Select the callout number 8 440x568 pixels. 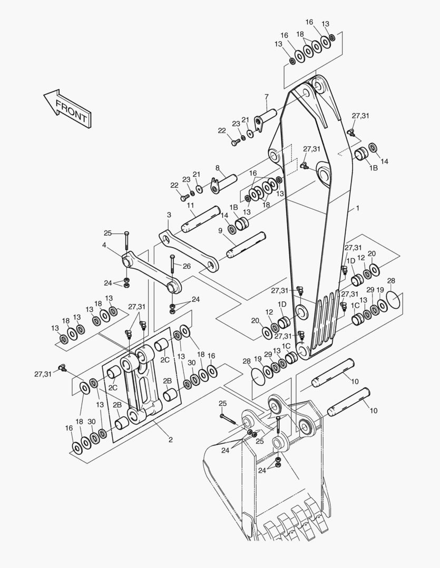[x=217, y=168]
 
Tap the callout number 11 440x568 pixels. [x=190, y=205]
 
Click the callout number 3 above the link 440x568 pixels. [x=169, y=215]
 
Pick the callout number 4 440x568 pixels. [x=104, y=245]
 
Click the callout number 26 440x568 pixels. [x=187, y=266]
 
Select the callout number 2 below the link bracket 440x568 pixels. [x=170, y=439]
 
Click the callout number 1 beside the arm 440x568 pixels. [x=357, y=209]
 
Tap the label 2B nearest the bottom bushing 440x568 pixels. [x=118, y=405]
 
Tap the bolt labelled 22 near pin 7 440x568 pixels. [x=234, y=142]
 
